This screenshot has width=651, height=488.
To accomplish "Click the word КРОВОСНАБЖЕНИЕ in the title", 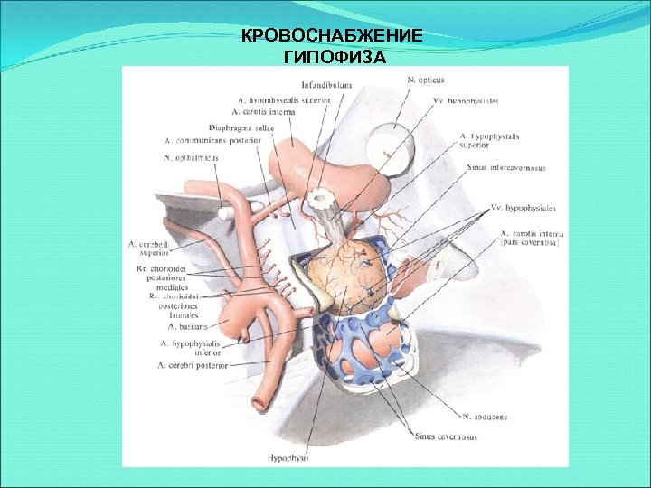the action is [333, 37].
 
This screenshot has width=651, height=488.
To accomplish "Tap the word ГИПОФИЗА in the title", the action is [334, 58].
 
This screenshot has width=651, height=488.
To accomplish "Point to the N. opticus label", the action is [425, 80].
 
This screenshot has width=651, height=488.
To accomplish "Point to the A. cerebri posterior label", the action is [192, 365].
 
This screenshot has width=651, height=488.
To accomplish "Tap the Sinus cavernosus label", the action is [446, 436].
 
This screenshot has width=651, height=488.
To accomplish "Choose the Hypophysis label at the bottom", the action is [288, 457].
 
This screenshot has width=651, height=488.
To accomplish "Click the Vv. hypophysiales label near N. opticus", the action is [465, 100].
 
